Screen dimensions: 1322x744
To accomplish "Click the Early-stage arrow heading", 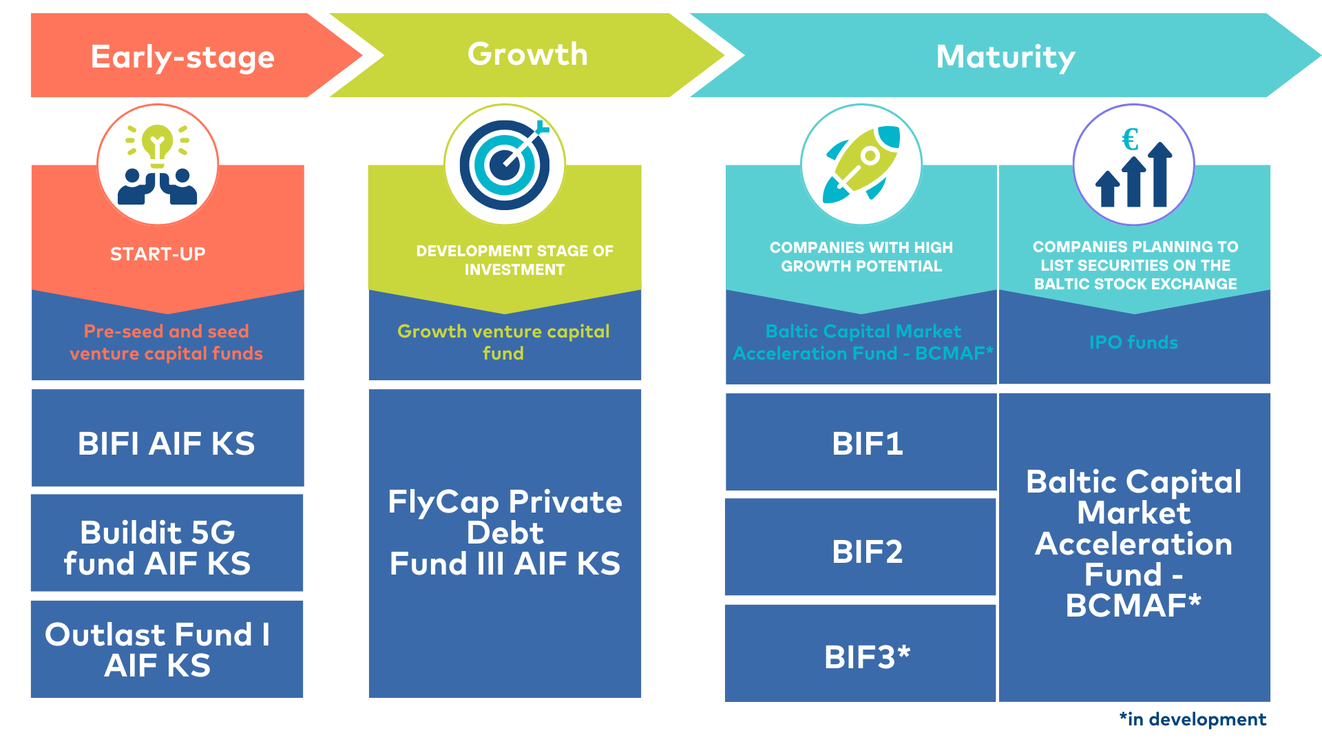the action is click(x=182, y=56).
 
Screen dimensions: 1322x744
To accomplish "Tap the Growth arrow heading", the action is click(x=527, y=54).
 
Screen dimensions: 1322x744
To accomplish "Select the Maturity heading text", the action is click(x=1005, y=56).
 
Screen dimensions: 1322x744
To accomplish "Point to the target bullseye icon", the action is click(x=505, y=165).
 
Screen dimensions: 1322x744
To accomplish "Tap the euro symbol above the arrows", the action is click(x=1130, y=140).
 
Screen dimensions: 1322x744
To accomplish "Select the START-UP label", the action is click(x=158, y=254).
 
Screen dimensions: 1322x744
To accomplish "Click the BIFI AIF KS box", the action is click(x=167, y=438).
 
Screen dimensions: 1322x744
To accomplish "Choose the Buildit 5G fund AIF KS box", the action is click(x=167, y=543).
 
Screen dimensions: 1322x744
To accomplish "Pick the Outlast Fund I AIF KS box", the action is click(x=167, y=649).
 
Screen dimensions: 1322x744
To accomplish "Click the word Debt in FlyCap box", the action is click(x=505, y=533).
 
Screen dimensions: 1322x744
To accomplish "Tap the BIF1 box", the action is click(x=861, y=442).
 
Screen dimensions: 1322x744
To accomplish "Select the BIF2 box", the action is click(x=861, y=548).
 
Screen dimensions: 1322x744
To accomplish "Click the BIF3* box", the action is click(x=861, y=654).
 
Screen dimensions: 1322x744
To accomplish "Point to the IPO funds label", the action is click(x=1133, y=342).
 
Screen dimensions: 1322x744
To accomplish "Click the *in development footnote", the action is click(x=1193, y=719).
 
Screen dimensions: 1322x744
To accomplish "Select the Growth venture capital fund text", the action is click(x=503, y=342).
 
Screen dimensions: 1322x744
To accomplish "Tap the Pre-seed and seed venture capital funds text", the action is click(x=167, y=342).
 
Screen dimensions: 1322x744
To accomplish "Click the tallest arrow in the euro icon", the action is click(x=1160, y=174).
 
